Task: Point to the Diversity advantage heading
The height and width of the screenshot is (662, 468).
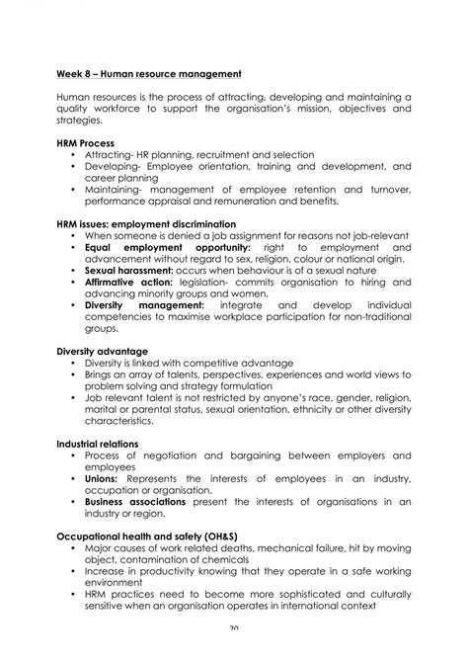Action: pyautogui.click(x=102, y=351)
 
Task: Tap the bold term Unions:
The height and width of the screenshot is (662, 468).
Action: pyautogui.click(x=101, y=478)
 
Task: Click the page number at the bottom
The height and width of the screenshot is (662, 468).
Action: pyautogui.click(x=233, y=655)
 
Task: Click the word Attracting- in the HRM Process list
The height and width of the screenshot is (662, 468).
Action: pyautogui.click(x=111, y=155)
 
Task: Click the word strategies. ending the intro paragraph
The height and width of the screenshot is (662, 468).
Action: pyautogui.click(x=79, y=120)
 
